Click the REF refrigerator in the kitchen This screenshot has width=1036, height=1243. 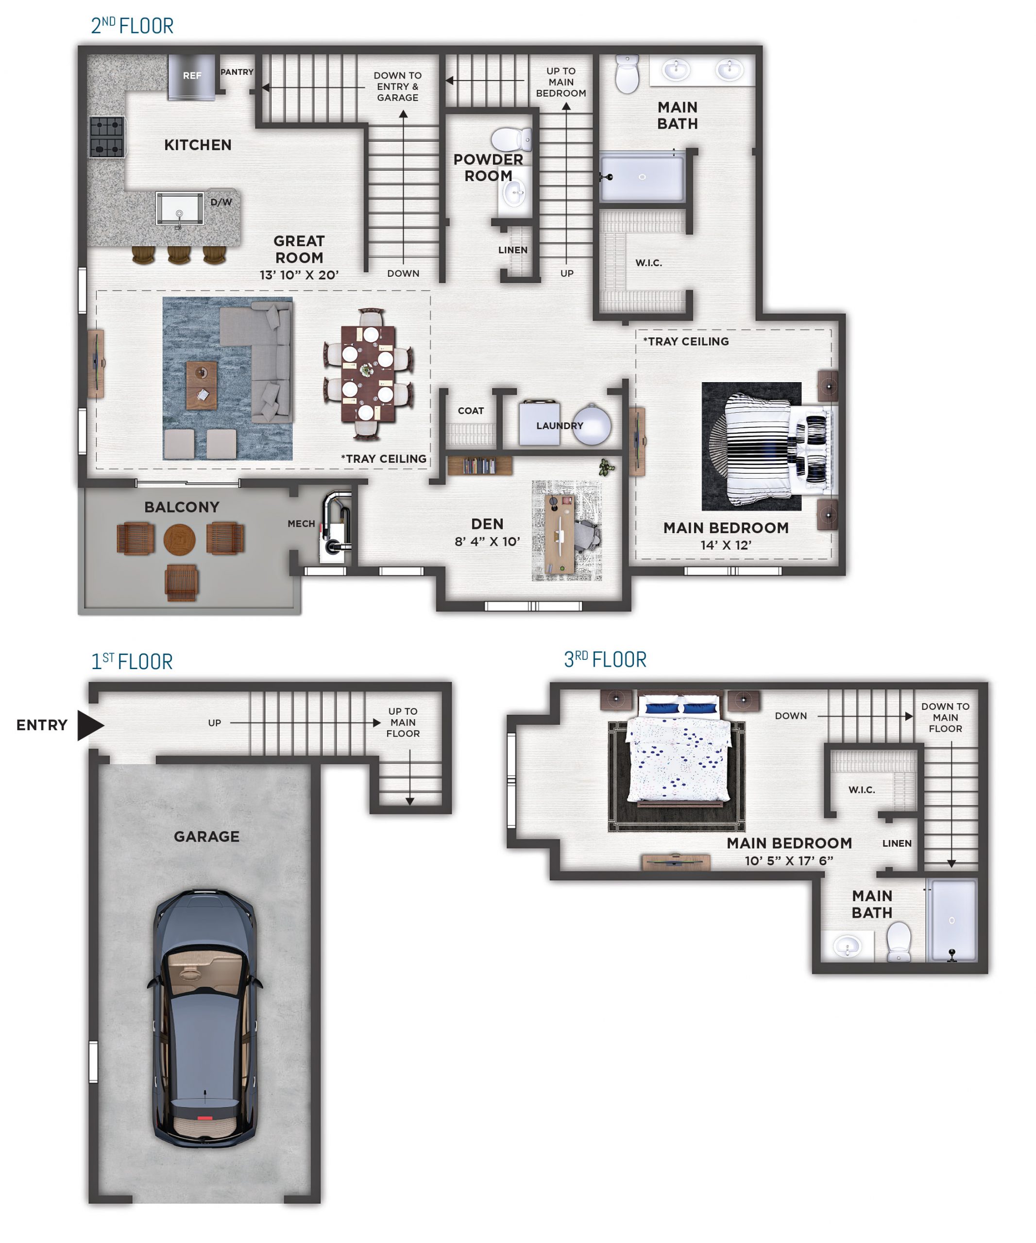tap(191, 77)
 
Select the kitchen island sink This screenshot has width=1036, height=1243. tap(179, 208)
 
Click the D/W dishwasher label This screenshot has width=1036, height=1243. tap(221, 202)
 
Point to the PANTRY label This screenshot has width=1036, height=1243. tap(237, 72)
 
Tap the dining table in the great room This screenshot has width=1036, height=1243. tap(368, 373)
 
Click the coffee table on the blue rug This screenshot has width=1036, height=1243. tap(201, 386)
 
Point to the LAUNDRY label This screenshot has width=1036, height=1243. tap(560, 425)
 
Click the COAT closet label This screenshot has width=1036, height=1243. tap(471, 411)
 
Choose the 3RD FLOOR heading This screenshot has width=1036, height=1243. tap(605, 659)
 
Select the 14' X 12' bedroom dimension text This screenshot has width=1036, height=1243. tap(726, 545)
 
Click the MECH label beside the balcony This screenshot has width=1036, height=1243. tap(301, 524)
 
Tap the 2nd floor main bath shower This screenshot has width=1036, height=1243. tap(642, 177)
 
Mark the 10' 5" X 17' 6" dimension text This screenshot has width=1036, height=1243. tap(789, 860)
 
